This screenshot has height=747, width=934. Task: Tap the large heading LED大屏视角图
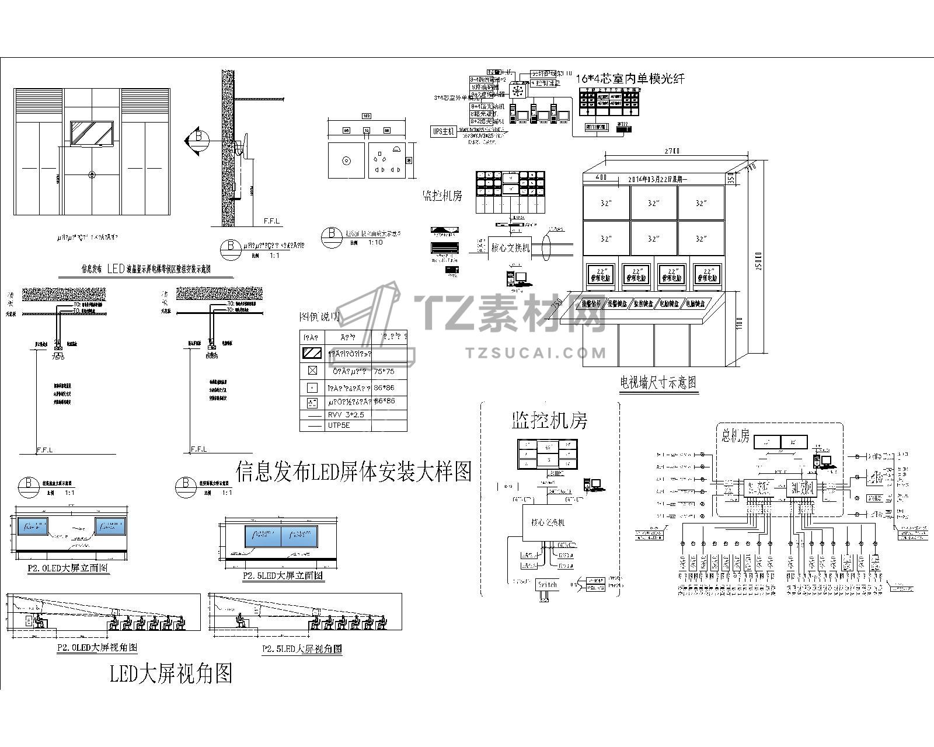pyautogui.click(x=171, y=673)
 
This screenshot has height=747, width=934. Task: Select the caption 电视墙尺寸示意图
pyautogui.click(x=658, y=382)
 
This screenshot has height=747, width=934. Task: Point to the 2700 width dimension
pyautogui.click(x=672, y=151)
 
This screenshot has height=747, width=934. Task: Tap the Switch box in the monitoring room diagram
pyautogui.click(x=548, y=584)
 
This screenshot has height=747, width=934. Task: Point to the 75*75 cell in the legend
pyautogui.click(x=384, y=371)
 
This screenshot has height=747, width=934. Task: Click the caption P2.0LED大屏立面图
pyautogui.click(x=68, y=567)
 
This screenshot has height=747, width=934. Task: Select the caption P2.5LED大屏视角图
pyautogui.click(x=302, y=648)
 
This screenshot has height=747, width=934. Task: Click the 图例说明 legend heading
pyautogui.click(x=319, y=317)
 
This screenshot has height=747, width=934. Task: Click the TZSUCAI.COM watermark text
pyautogui.click(x=536, y=352)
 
